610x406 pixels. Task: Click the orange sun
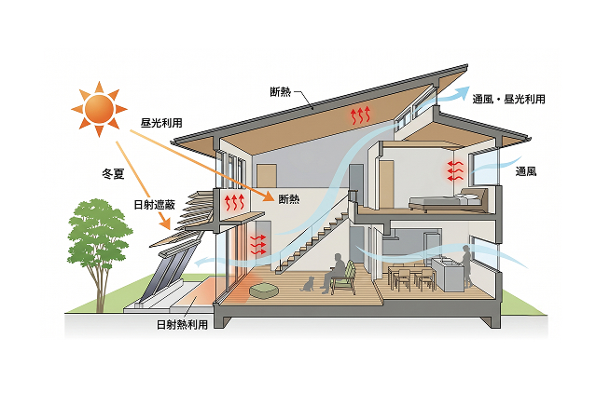coord(99,109)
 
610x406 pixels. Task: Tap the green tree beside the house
coord(99,249)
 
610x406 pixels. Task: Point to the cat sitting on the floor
coord(308,284)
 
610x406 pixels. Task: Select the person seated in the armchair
coord(334,273)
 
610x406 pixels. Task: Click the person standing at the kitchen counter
coord(466,265)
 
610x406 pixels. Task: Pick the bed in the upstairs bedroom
coord(448,200)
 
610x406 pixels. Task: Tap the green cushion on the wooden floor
coord(263,291)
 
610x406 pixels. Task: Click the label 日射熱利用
coord(182,324)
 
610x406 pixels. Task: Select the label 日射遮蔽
coord(155,205)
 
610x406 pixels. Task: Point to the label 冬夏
coord(113,173)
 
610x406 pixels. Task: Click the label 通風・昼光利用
coord(509,99)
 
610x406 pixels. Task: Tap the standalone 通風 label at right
coord(526,171)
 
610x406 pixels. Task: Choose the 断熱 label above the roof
coord(281,91)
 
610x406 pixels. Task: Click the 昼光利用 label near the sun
coord(161,123)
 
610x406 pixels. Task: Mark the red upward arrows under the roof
coord(360,115)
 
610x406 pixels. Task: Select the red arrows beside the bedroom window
coord(455,170)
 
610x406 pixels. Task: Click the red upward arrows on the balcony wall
coord(234,202)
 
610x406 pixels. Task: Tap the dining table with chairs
coord(411,276)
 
